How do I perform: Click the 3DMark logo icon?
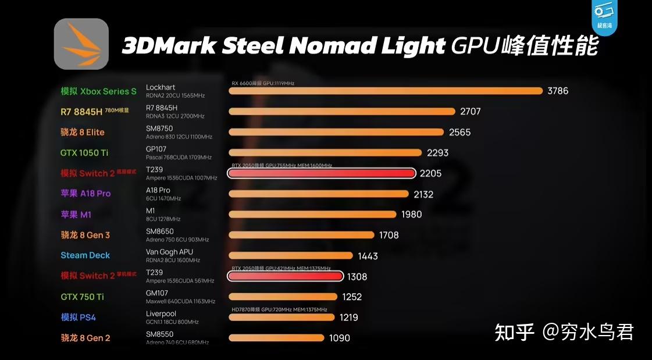click(x=81, y=44)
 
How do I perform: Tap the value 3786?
click(x=558, y=91)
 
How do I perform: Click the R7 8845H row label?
click(x=85, y=111)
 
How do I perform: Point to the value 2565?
click(x=460, y=132)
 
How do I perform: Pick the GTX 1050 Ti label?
click(x=84, y=153)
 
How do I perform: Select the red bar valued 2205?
click(x=321, y=173)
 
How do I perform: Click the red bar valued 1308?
click(x=285, y=276)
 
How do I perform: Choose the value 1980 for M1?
click(x=412, y=215)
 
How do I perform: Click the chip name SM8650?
click(x=159, y=231)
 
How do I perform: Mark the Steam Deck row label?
click(x=85, y=255)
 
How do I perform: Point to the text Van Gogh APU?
click(x=169, y=252)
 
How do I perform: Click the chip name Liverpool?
click(x=161, y=314)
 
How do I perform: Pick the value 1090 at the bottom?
click(x=340, y=338)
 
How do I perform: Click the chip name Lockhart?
click(x=161, y=87)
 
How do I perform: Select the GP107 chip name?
click(x=156, y=149)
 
